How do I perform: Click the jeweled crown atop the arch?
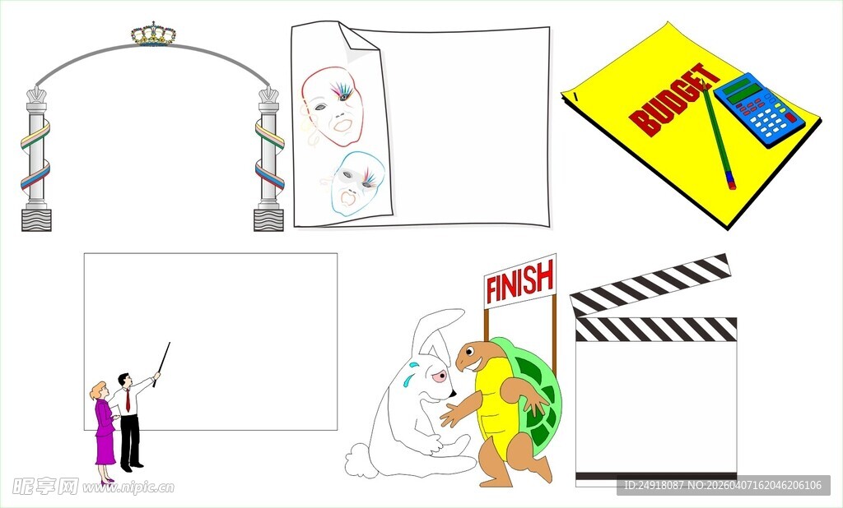(x=153, y=35)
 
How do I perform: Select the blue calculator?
(x=758, y=109)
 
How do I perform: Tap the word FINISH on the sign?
(x=519, y=281)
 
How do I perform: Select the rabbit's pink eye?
(x=440, y=376)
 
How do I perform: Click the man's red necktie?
(x=128, y=400)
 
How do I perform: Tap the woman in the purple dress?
(x=105, y=432)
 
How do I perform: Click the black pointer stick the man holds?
(x=161, y=364)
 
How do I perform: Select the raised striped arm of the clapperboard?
(x=650, y=284)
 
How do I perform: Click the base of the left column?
(x=36, y=219)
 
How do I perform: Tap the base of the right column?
(x=268, y=219)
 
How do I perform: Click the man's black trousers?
(x=130, y=440)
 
